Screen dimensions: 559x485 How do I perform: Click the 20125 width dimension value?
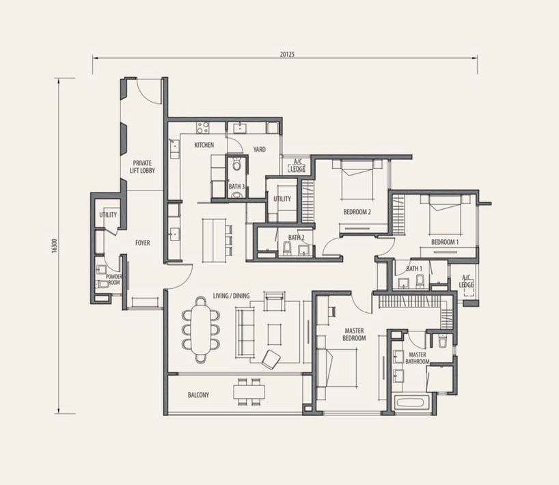[287, 55]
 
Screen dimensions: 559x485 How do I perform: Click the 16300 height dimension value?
[54, 246]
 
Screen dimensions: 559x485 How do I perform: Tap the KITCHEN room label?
[204, 145]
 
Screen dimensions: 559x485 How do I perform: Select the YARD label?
[260, 150]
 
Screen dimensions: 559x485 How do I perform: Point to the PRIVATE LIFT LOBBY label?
[143, 167]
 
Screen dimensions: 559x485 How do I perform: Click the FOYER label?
[143, 243]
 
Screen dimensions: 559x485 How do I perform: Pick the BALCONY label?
[199, 395]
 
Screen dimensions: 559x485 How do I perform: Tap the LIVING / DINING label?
[232, 296]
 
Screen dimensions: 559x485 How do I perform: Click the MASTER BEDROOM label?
[355, 335]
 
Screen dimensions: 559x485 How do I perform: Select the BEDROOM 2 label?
[357, 212]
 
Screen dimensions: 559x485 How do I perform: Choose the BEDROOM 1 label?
[445, 242]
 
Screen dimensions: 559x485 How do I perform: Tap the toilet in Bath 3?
[236, 165]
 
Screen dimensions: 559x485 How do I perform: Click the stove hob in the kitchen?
[203, 128]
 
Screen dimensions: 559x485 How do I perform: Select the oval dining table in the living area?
[201, 331]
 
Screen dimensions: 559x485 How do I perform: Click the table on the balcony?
[249, 392]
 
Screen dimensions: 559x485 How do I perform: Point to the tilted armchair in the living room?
[271, 359]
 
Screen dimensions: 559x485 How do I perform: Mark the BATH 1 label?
[414, 268]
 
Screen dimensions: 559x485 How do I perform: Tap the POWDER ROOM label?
[113, 280]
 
